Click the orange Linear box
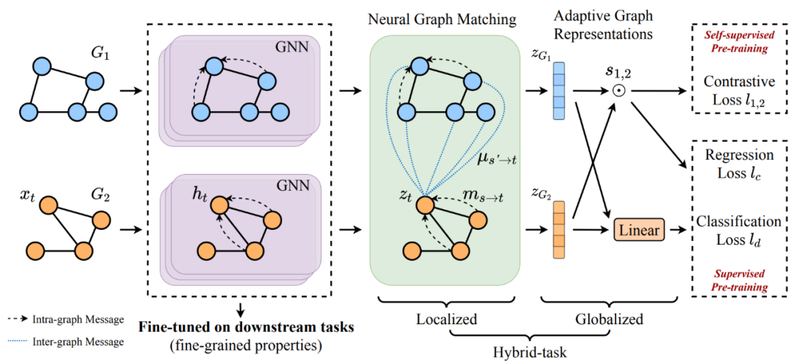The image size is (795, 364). click(x=638, y=231)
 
